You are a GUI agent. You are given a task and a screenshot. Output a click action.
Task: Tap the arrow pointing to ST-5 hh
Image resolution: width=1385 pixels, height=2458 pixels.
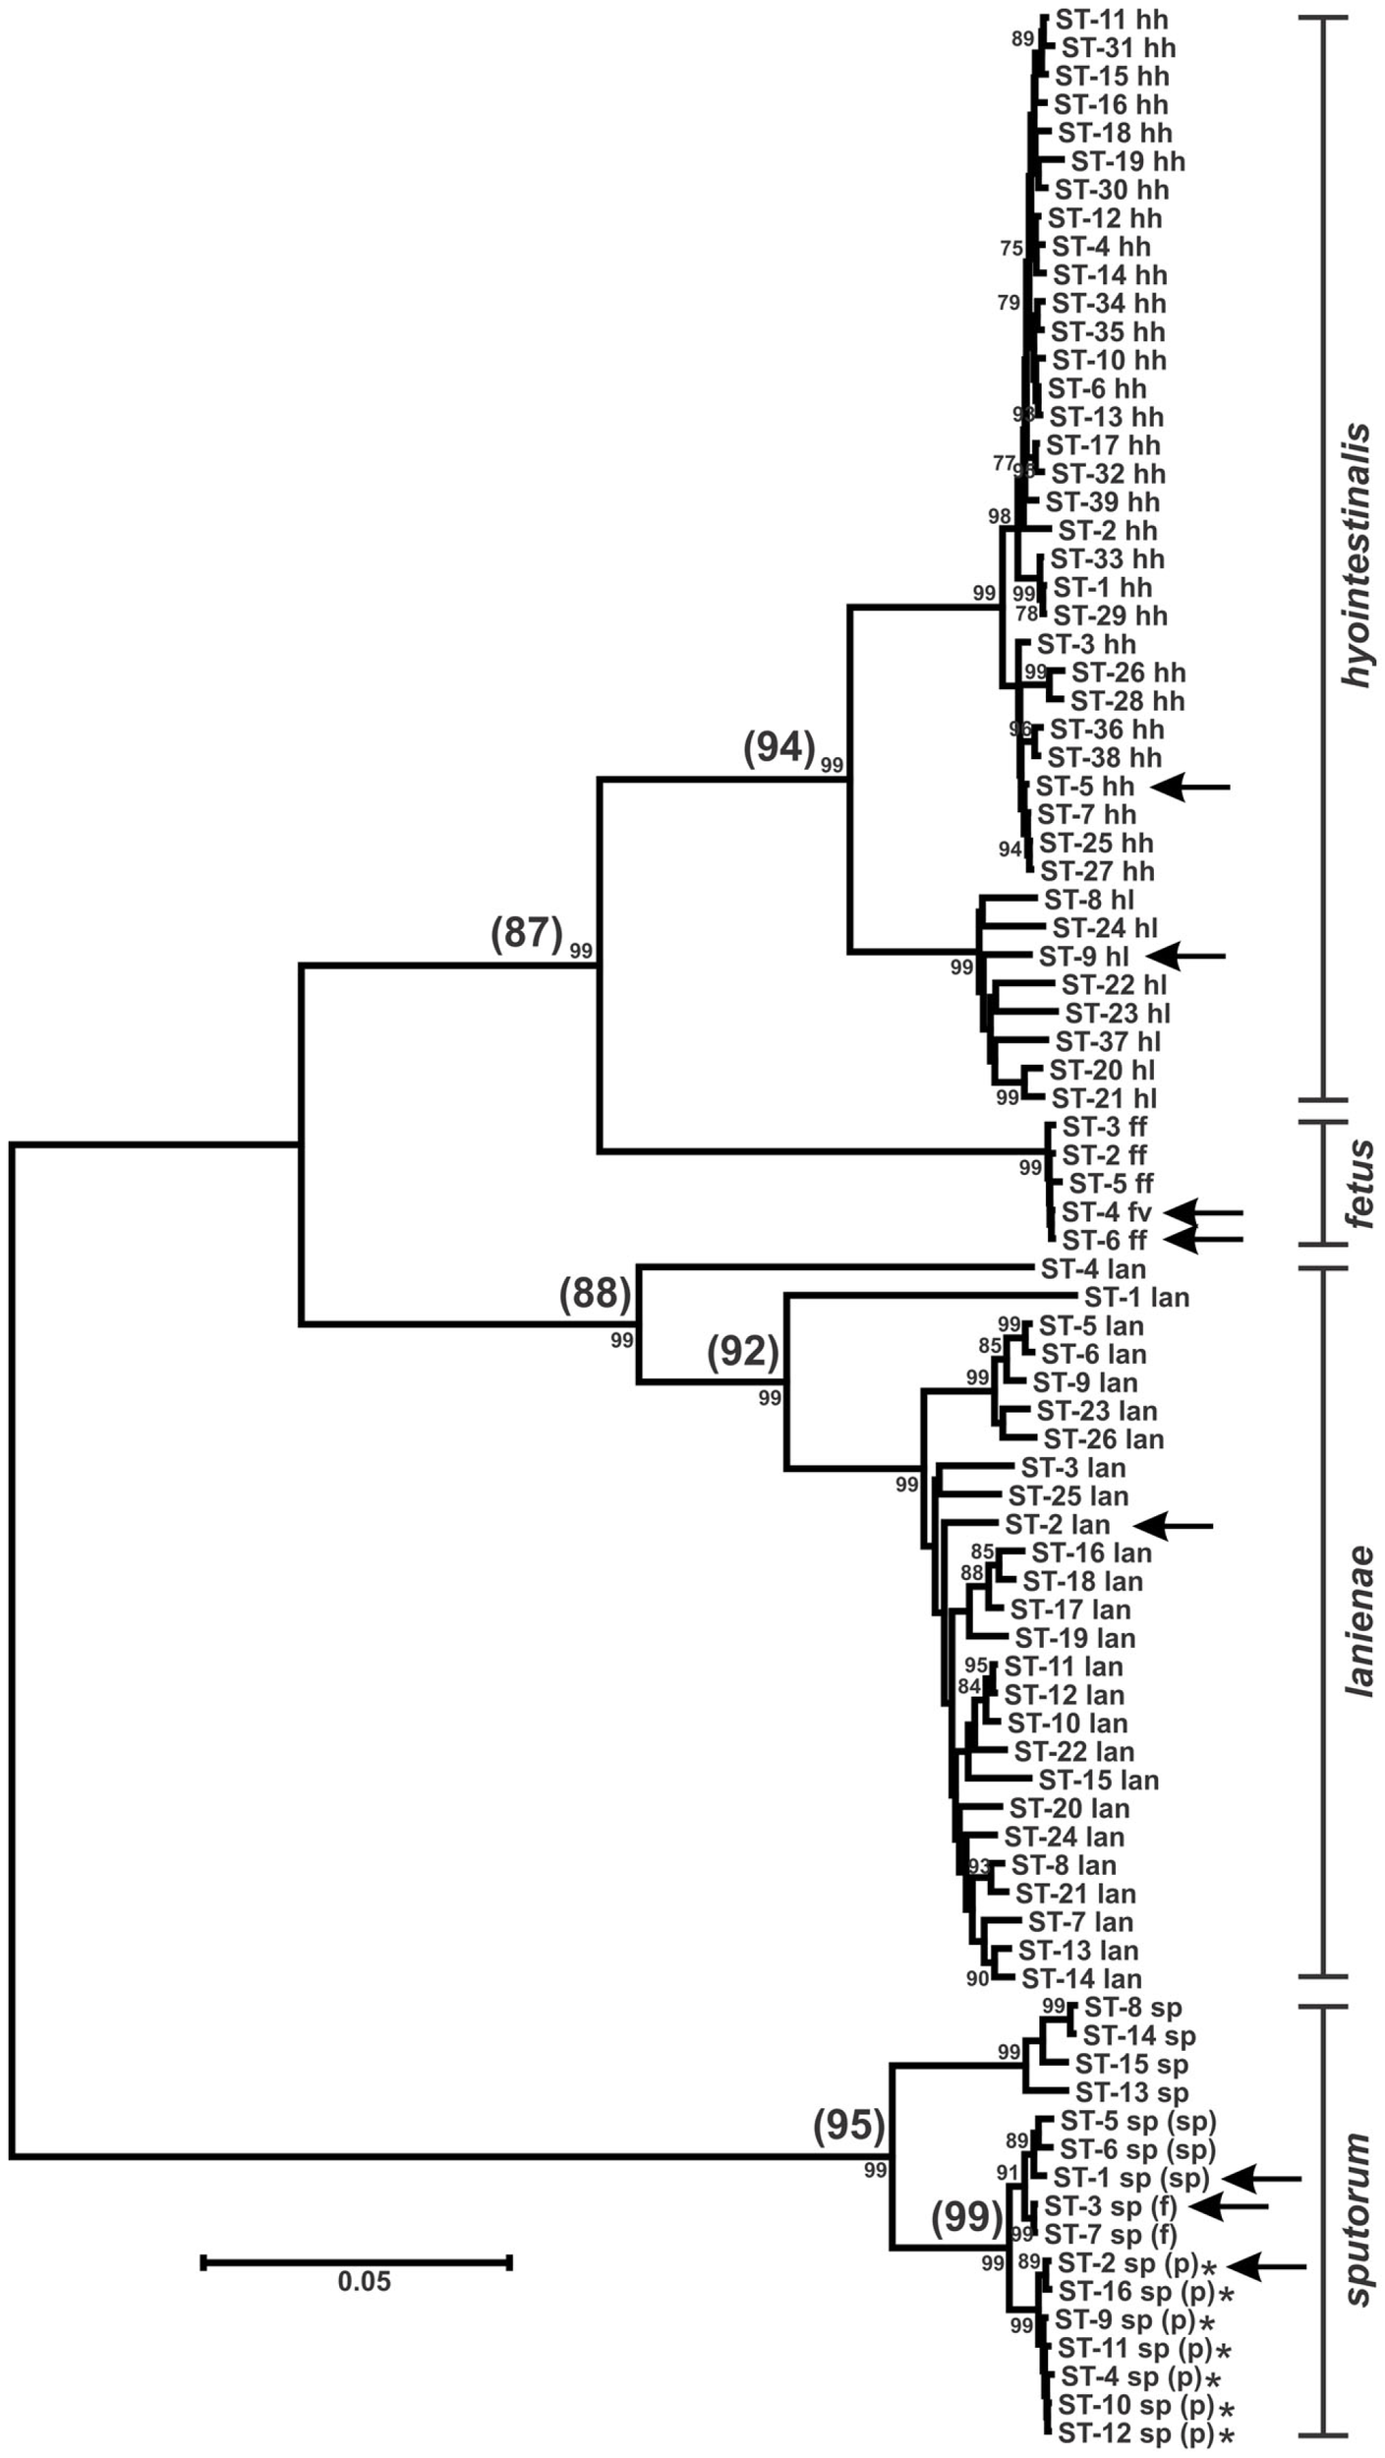coord(1189,787)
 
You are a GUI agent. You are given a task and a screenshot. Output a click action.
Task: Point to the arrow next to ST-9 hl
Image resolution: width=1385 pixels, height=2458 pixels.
coord(1186,955)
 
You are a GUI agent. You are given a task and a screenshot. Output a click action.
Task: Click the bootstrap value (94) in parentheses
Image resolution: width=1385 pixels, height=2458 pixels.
coord(779,748)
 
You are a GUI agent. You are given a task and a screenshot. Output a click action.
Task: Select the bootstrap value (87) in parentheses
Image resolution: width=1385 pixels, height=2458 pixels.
coord(527,932)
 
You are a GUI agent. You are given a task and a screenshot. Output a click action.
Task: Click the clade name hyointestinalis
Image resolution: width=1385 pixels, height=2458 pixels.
coord(1357,556)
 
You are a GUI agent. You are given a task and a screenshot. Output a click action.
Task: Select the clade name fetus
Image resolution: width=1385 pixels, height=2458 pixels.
coord(1359,1186)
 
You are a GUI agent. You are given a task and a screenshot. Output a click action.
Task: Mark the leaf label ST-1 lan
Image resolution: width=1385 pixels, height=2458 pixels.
coord(1136,1298)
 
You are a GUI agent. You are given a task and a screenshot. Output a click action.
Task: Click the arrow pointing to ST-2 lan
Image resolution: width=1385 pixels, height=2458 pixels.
coord(1174,1525)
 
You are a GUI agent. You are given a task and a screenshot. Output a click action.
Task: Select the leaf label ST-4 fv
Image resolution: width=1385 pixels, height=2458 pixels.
coord(1106,1211)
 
